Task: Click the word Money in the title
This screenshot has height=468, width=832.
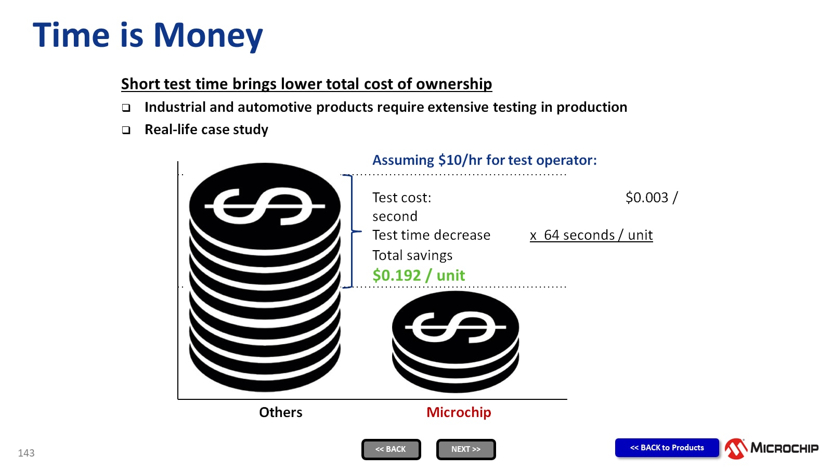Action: (x=208, y=36)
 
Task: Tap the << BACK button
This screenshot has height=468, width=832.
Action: (x=391, y=449)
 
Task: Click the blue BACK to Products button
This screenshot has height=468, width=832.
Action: (x=667, y=448)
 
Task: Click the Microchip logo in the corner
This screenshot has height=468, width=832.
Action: (x=771, y=448)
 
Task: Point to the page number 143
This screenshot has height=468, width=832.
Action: (x=26, y=453)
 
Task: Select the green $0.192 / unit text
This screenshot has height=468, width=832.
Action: (x=419, y=275)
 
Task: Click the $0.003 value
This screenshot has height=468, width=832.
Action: (x=647, y=197)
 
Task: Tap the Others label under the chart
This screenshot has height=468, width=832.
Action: (x=280, y=412)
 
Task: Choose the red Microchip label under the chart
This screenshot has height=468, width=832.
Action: (x=459, y=412)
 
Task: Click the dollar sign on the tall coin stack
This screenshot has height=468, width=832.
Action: (x=265, y=206)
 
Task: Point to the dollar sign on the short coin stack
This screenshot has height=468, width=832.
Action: (x=456, y=327)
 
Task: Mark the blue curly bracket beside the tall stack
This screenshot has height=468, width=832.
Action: (x=352, y=231)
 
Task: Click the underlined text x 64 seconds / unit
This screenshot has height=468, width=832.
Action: (x=591, y=235)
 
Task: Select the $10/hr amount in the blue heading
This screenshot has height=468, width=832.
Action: (x=460, y=160)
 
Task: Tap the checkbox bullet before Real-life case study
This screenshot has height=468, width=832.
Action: (x=126, y=130)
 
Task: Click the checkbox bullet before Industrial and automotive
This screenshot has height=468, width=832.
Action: (x=126, y=108)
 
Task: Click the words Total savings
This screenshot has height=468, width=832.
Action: (x=412, y=255)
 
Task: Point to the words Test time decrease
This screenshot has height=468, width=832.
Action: (x=431, y=235)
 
